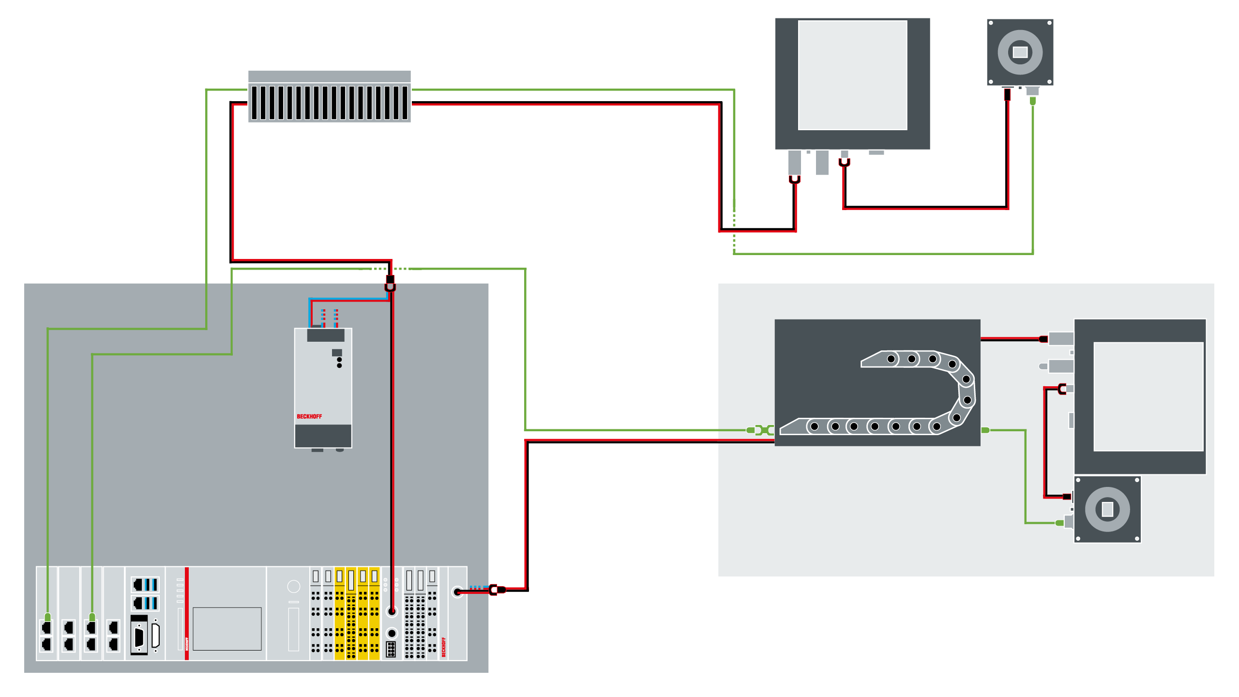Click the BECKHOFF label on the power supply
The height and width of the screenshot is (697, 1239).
coord(309,416)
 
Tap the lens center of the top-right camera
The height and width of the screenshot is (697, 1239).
coord(1020,52)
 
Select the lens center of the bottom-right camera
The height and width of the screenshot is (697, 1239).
coord(1107,509)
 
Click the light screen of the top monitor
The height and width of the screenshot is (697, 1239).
coord(852,75)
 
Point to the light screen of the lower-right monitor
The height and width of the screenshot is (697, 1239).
coord(1148,396)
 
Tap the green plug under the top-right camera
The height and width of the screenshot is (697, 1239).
coord(1033,100)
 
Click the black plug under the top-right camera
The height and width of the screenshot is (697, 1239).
coord(1007,94)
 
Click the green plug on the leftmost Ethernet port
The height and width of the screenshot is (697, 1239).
coord(47,617)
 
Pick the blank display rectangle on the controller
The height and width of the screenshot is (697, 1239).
coord(227,629)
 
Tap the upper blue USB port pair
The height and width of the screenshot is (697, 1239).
coord(145,585)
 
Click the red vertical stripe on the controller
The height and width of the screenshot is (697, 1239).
coord(187,613)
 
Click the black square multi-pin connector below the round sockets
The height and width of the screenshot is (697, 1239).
coord(391,650)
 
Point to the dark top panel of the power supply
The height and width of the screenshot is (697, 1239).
coord(326,335)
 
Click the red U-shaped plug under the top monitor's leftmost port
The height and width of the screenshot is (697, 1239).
coord(795,179)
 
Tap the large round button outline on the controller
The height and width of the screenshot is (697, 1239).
coord(294,587)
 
